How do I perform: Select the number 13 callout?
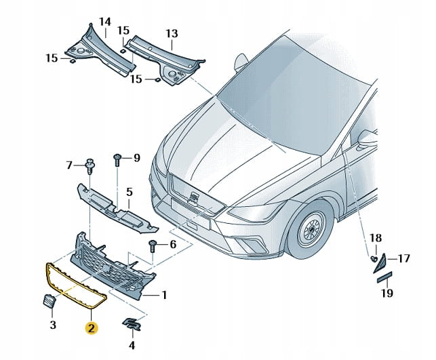point(172,33)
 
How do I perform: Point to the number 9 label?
point(136,158)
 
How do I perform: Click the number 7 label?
point(68,165)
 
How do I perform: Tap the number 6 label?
point(173,244)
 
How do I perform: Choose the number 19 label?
point(387,294)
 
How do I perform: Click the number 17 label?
point(403,258)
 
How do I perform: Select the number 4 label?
point(132,345)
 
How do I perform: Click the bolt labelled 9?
point(119,159)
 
